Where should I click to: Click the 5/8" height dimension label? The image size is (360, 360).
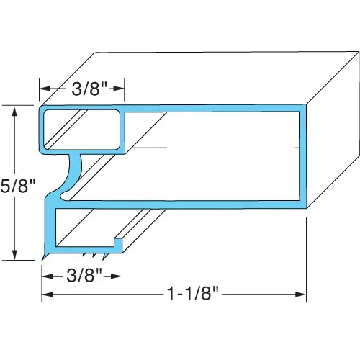pos(17,186)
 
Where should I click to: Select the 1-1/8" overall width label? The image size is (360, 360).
pos(193,293)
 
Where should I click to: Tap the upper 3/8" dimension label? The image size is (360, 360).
pos(89,89)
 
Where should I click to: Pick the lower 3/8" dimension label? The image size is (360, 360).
pos(84,276)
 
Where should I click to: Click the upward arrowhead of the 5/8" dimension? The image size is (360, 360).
pos(15,112)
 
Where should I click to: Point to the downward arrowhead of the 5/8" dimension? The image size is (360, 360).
pos(15,254)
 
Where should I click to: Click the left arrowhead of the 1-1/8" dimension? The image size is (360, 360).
pos(48,294)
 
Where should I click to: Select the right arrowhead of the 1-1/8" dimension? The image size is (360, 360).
pos(300,294)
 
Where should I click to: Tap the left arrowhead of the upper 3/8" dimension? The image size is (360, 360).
pos(45,89)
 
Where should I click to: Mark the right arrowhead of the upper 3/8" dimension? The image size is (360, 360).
pos(119,89)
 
